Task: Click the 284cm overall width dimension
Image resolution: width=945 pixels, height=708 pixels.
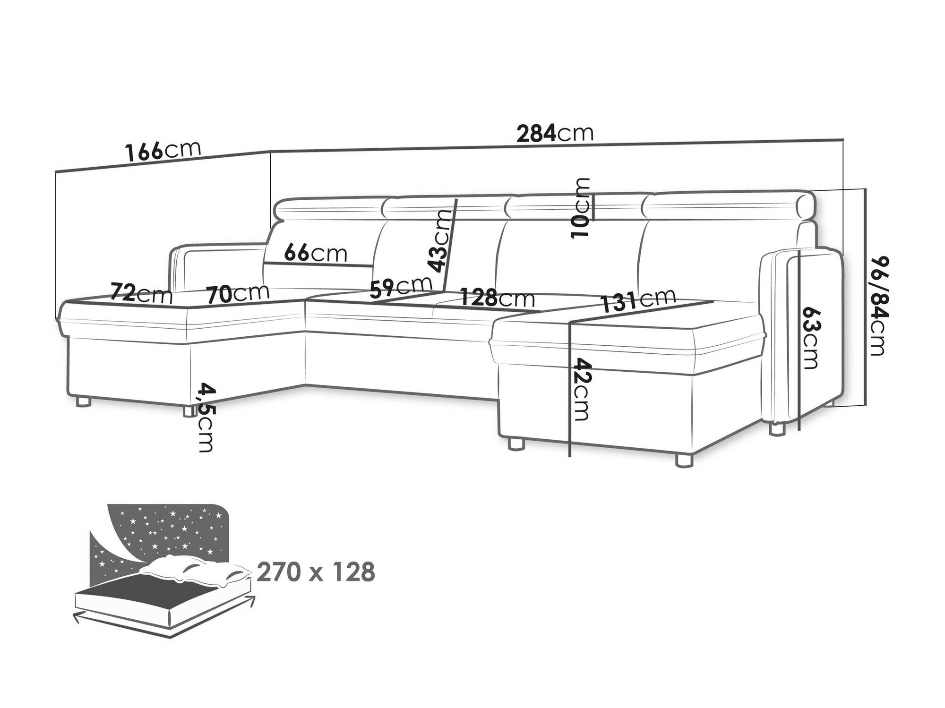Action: coord(555,134)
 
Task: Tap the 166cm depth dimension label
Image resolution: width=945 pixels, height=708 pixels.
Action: coord(163,151)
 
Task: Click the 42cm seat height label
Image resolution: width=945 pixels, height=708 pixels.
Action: coord(581,390)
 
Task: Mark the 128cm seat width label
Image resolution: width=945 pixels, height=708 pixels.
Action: coord(497,298)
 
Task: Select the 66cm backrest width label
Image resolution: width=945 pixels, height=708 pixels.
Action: coord(316,254)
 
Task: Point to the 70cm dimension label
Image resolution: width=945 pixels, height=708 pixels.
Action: coord(238,293)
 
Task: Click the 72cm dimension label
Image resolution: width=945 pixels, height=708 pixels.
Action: coord(141,293)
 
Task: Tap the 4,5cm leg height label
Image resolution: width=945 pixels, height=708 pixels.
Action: coord(206,418)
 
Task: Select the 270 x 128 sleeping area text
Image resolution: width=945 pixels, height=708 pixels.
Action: coord(316,572)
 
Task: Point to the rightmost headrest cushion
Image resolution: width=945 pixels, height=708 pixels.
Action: coord(728,207)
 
